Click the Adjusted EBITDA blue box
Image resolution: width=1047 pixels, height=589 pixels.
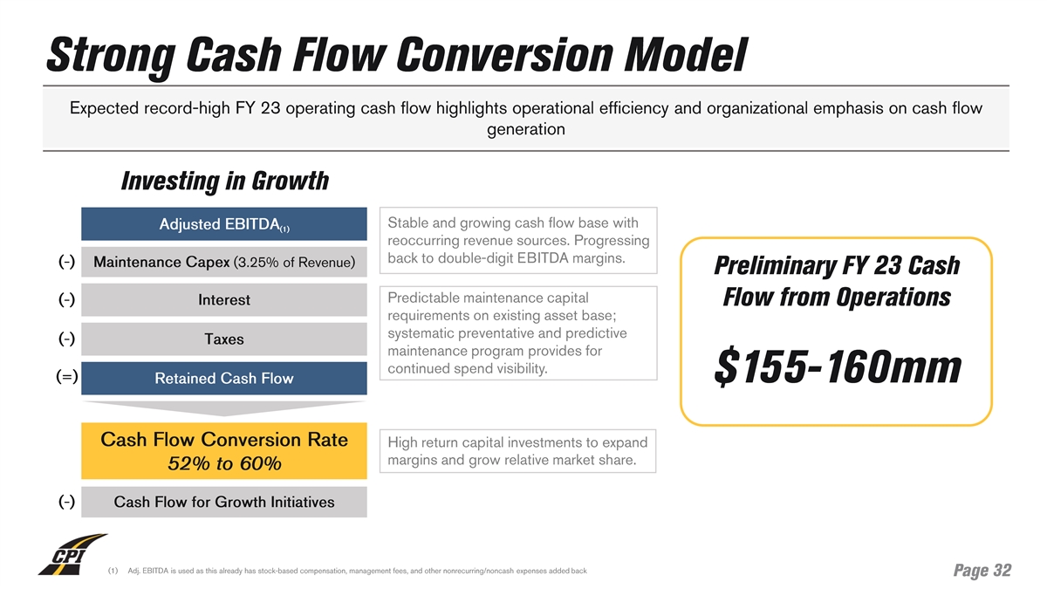(x=223, y=224)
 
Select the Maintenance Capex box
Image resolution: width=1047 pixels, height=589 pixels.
(x=223, y=262)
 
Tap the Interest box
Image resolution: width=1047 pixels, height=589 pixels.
(x=223, y=300)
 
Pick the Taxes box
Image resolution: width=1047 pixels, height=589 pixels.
(x=223, y=339)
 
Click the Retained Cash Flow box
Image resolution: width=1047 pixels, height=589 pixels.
(x=223, y=379)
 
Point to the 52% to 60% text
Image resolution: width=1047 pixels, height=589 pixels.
(x=223, y=463)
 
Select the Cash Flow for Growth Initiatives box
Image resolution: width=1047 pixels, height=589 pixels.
(x=223, y=502)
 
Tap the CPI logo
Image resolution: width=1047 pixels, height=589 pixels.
(x=72, y=554)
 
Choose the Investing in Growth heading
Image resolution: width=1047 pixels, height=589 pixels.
(x=224, y=181)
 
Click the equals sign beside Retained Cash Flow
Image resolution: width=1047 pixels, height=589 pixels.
(x=66, y=377)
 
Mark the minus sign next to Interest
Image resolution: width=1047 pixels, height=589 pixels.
(x=66, y=299)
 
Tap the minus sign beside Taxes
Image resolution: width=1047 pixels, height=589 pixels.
(x=66, y=339)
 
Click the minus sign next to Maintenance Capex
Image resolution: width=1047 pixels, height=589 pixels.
(x=66, y=262)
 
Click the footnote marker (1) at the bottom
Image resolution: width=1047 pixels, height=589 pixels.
(x=113, y=572)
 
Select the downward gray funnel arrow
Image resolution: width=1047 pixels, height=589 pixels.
(x=223, y=408)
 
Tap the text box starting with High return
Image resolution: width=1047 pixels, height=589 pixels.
(x=519, y=451)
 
